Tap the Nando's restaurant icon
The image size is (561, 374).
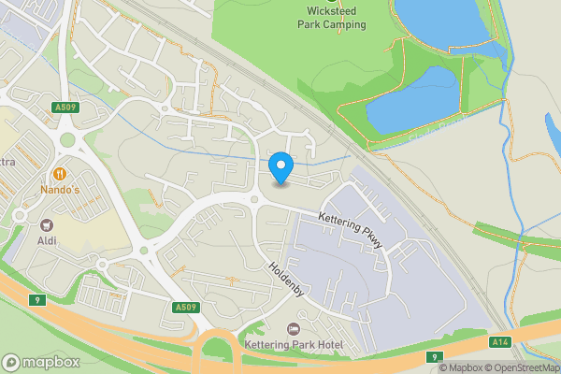[x=60, y=174]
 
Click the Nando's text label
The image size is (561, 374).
[x=60, y=191]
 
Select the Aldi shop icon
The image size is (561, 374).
[x=46, y=224]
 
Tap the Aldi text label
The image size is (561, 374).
[x=46, y=241]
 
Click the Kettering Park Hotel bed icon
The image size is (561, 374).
[x=294, y=329]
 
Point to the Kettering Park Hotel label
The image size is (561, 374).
[x=294, y=346]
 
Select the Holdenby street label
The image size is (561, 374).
[x=287, y=279]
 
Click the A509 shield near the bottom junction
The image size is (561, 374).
[x=184, y=307]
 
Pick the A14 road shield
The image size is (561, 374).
[x=500, y=343]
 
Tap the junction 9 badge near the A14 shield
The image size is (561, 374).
[x=435, y=356]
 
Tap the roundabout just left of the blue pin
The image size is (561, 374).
[x=253, y=197]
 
